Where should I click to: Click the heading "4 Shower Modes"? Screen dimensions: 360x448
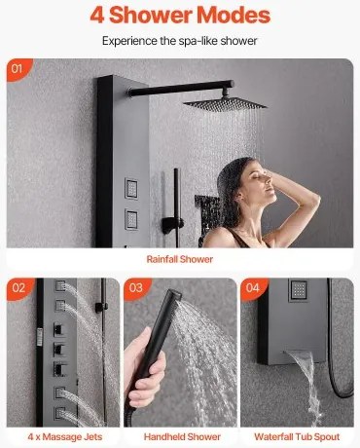pyautogui.click(x=180, y=15)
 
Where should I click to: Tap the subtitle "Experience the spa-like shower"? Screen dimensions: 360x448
pyautogui.click(x=180, y=41)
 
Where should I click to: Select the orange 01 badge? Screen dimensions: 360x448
pyautogui.click(x=18, y=69)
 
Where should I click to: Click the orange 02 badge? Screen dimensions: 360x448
pyautogui.click(x=18, y=288)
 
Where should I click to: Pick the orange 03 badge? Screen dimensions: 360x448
pyautogui.click(x=136, y=288)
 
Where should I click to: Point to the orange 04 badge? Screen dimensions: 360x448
pyautogui.click(x=253, y=288)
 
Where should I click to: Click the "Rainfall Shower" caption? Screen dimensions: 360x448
pyautogui.click(x=180, y=259)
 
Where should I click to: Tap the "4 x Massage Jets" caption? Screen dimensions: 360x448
pyautogui.click(x=65, y=437)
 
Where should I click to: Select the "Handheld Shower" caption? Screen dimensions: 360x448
pyautogui.click(x=182, y=437)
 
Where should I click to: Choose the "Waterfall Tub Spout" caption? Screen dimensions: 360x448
pyautogui.click(x=297, y=437)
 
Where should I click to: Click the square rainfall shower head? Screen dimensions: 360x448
pyautogui.click(x=225, y=103)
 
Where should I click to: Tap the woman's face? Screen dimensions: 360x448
pyautogui.click(x=261, y=183)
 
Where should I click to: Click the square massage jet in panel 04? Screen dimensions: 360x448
pyautogui.click(x=298, y=289)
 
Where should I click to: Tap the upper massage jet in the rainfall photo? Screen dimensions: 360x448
pyautogui.click(x=131, y=188)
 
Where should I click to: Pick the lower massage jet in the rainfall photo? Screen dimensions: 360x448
pyautogui.click(x=131, y=219)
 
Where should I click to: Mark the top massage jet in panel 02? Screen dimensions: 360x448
pyautogui.click(x=60, y=285)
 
